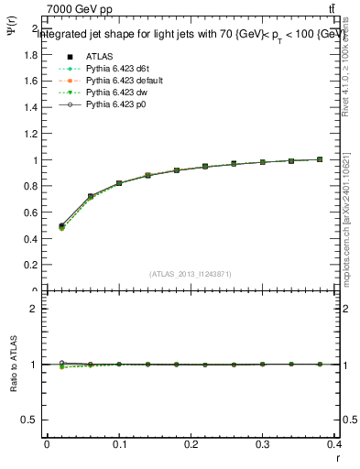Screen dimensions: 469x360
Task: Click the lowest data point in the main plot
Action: pos(61,225)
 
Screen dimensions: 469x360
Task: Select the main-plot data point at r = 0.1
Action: pos(119,183)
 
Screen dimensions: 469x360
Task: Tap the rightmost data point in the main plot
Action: pos(319,159)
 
